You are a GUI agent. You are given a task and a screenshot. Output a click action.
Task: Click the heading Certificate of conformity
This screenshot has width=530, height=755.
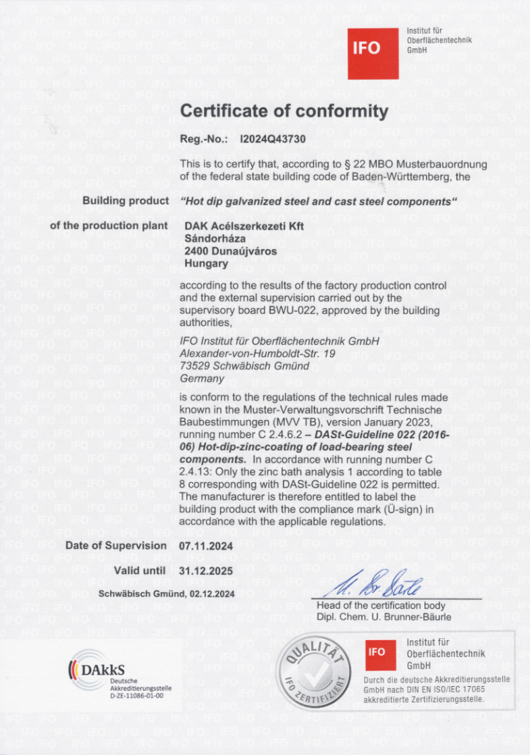(x=284, y=111)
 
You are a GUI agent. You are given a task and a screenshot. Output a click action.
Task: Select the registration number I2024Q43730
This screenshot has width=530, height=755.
(x=273, y=140)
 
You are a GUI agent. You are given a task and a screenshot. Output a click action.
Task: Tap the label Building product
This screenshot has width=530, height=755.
(x=125, y=201)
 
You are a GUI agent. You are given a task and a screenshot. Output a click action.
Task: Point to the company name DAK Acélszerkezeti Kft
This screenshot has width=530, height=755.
(x=244, y=226)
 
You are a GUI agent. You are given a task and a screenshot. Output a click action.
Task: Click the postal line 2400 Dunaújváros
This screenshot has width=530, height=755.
(x=230, y=251)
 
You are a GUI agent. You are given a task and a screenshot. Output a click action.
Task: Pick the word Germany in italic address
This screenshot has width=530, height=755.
(x=202, y=379)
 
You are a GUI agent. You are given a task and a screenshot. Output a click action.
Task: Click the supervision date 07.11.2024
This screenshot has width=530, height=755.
(x=206, y=545)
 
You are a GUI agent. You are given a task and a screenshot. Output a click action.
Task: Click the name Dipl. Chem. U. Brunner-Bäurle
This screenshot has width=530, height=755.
(x=383, y=617)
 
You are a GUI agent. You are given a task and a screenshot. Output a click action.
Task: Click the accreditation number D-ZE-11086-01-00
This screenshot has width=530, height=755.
(x=136, y=694)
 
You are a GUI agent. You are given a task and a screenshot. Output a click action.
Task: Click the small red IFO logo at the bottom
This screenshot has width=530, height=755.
(x=377, y=652)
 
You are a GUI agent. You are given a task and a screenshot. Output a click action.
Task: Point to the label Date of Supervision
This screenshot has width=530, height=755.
(x=115, y=545)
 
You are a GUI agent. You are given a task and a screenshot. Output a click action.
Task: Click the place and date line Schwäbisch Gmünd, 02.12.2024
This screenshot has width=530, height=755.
(x=166, y=594)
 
